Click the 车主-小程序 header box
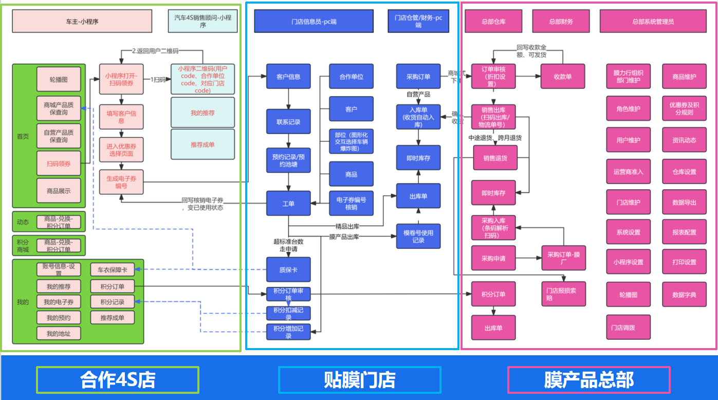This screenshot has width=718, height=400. pyautogui.click(x=82, y=22)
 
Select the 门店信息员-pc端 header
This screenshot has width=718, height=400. pyautogui.click(x=314, y=22)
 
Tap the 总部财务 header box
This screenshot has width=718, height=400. pyautogui.click(x=561, y=22)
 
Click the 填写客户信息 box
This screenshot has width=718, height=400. pyautogui.click(x=121, y=117)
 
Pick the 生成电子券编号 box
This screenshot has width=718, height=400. pyautogui.click(x=121, y=183)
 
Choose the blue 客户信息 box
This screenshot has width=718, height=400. pyautogui.click(x=288, y=77)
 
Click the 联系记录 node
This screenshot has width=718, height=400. pyautogui.click(x=288, y=122)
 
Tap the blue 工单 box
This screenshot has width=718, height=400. pyautogui.click(x=288, y=204)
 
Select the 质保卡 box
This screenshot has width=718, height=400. pyautogui.click(x=288, y=269)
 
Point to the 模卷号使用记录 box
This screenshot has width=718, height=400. pyautogui.click(x=418, y=237)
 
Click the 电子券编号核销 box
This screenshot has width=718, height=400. pyautogui.click(x=351, y=204)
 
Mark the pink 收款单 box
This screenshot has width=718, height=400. pyautogui.click(x=563, y=77)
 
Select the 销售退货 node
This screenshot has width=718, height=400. pyautogui.click(x=495, y=158)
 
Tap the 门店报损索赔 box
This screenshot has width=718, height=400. pyautogui.click(x=563, y=294)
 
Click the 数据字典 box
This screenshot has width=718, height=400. pyautogui.click(x=684, y=295)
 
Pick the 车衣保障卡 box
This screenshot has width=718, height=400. pyautogui.click(x=112, y=269)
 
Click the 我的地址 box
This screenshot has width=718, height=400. pyautogui.click(x=59, y=334)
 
